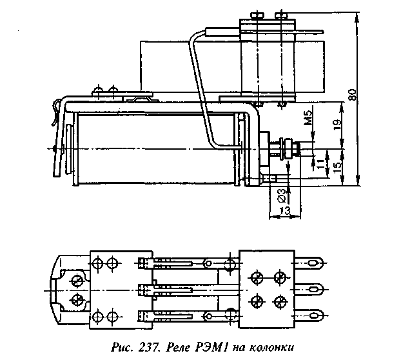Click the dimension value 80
(352, 95)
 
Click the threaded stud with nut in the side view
(284, 150)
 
